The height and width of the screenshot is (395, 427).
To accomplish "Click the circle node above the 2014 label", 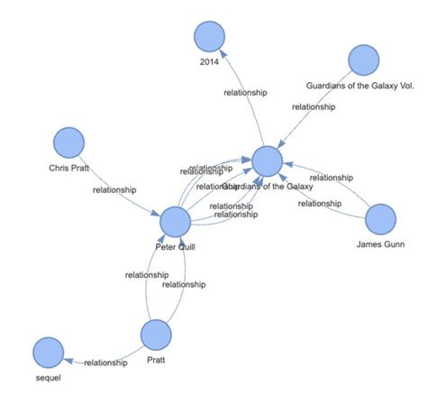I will point(209,38).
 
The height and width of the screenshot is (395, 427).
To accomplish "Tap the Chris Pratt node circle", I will point(68,143).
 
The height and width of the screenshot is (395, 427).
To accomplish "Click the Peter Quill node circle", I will point(175,222).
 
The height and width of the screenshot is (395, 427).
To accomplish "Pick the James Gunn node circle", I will point(380,219).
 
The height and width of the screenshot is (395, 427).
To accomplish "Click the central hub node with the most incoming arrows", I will point(268,161).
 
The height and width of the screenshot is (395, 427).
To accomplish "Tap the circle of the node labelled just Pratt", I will point(157,335).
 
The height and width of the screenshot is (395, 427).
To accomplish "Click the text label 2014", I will point(209,61).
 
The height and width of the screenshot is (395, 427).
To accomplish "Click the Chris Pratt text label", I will point(68,167).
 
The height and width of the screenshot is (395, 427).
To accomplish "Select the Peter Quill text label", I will point(175,244).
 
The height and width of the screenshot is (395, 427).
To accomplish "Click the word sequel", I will point(48,377).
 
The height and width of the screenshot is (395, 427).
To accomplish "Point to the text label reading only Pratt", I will point(157,358).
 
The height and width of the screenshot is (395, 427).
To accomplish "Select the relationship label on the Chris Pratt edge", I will point(114,189).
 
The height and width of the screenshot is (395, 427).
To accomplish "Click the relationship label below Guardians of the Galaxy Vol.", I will point(313,106).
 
